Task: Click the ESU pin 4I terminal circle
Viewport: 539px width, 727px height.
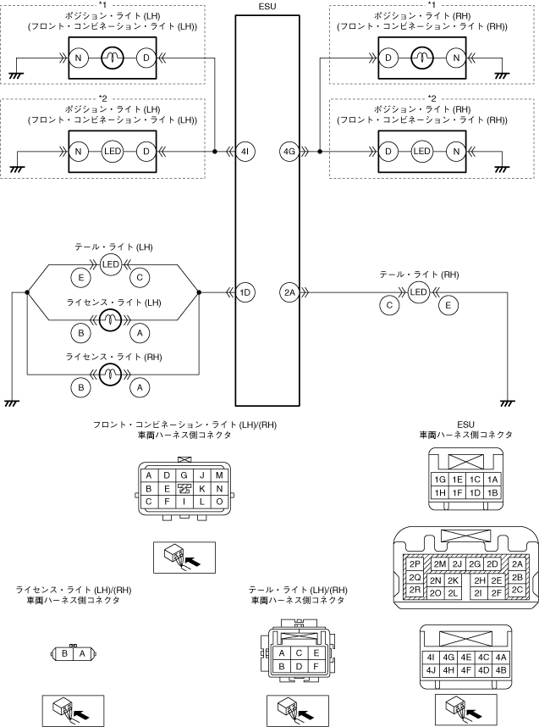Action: point(245,153)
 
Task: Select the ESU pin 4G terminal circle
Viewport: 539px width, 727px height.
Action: point(289,153)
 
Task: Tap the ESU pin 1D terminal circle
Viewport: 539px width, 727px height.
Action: point(245,293)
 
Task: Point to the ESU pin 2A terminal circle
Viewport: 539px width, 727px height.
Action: point(289,293)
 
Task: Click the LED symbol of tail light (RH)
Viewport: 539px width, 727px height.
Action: point(418,293)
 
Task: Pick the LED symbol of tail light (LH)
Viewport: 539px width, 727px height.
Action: point(111,264)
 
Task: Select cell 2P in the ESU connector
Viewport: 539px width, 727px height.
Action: point(415,563)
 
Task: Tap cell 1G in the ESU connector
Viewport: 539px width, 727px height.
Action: point(439,479)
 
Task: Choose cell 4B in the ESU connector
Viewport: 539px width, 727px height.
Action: point(501,670)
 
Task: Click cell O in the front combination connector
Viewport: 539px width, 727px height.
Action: point(218,502)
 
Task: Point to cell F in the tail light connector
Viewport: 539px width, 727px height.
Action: point(316,666)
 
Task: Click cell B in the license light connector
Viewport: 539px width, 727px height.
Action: point(65,653)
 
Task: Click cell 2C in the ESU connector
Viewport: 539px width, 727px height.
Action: point(517,589)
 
